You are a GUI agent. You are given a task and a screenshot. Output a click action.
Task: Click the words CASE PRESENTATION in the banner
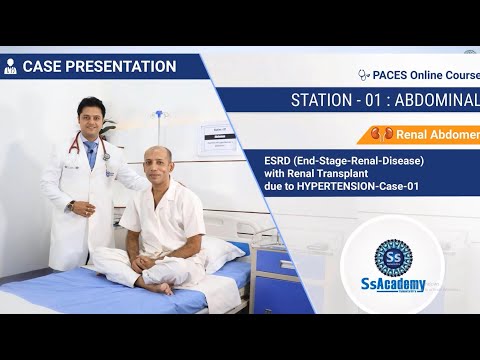click(x=99, y=67)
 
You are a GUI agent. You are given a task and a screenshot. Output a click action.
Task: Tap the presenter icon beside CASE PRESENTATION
click(x=11, y=67)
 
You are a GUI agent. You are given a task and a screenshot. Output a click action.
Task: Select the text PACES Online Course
click(x=429, y=74)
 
